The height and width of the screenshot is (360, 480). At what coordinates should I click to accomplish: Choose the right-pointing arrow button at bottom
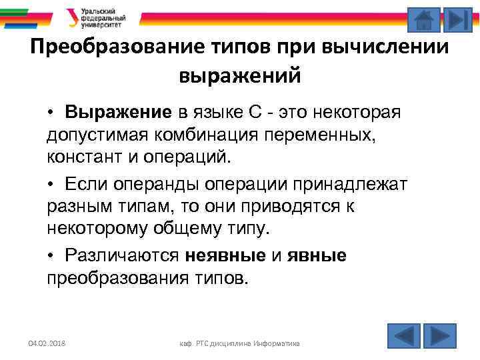(x=440, y=335)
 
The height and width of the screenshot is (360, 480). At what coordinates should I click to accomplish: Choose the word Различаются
(x=123, y=256)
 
